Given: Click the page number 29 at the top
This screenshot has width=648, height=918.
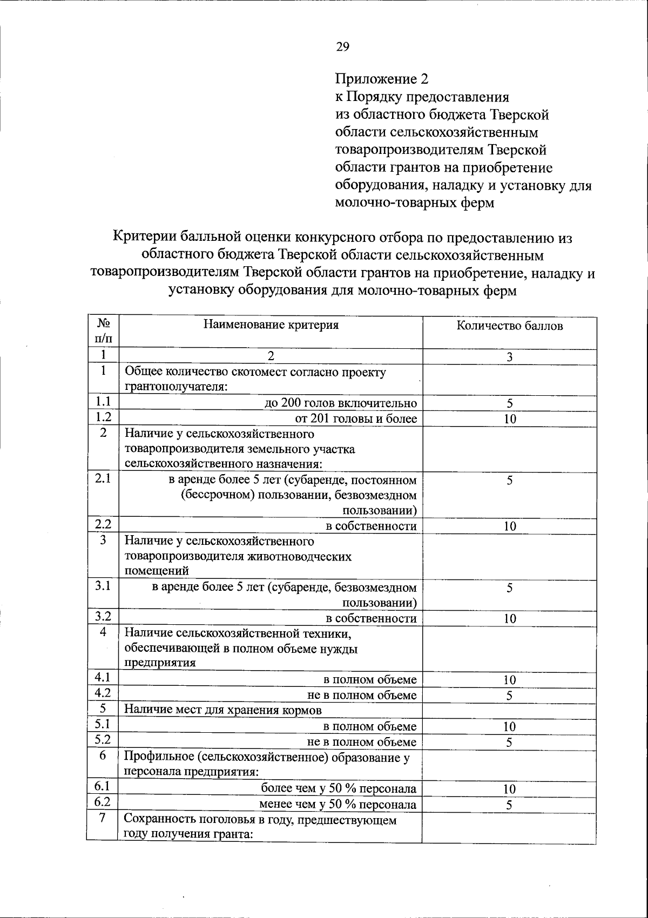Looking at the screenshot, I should pyautogui.click(x=343, y=47).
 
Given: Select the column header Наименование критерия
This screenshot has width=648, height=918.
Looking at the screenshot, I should pyautogui.click(x=271, y=325).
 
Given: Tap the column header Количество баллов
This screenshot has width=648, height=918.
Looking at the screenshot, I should pyautogui.click(x=509, y=326).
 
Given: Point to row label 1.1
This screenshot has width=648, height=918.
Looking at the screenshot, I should pyautogui.click(x=103, y=402).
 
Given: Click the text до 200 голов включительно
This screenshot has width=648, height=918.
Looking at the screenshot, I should pyautogui.click(x=341, y=403).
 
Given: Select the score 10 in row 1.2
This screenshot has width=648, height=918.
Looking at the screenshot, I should pyautogui.click(x=509, y=419).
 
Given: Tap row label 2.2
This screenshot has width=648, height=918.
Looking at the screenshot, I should pyautogui.click(x=103, y=524).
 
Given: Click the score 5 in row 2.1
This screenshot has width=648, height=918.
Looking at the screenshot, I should pyautogui.click(x=509, y=481).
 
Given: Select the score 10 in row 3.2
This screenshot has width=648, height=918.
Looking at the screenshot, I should pyautogui.click(x=509, y=619).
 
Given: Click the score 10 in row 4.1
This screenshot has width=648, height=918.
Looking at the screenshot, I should pyautogui.click(x=509, y=680).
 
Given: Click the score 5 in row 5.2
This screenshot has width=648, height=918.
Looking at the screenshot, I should pyautogui.click(x=509, y=742).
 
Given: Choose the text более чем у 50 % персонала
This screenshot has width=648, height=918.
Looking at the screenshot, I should pyautogui.click(x=339, y=788).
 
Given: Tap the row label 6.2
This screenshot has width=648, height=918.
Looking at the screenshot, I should pyautogui.click(x=103, y=803).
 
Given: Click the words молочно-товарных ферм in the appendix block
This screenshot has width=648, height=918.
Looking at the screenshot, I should pyautogui.click(x=414, y=203).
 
